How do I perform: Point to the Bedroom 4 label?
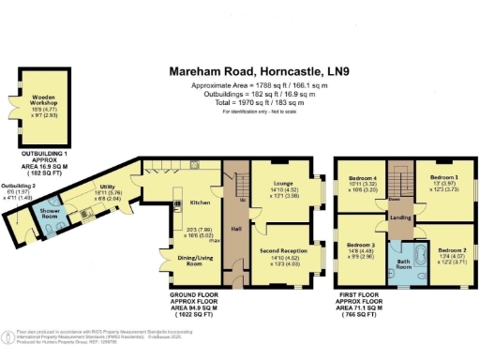click(363, 178)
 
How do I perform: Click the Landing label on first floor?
click(400, 217)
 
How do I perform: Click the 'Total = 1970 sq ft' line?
click(240, 102)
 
